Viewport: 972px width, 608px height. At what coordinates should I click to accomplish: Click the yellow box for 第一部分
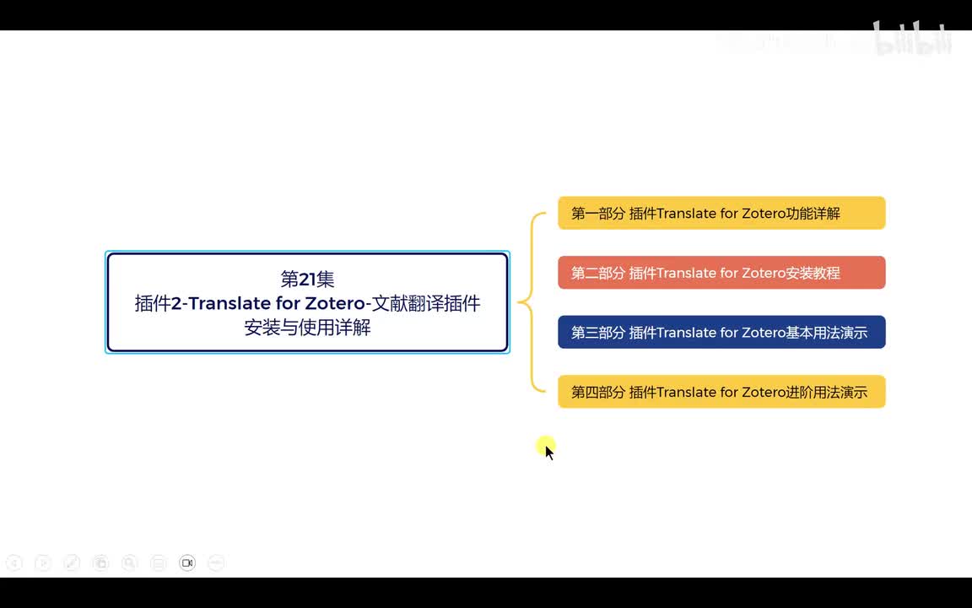[x=721, y=213]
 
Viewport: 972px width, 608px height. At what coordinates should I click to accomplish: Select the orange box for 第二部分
[x=721, y=273]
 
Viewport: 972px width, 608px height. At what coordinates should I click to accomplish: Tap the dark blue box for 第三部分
[x=721, y=333]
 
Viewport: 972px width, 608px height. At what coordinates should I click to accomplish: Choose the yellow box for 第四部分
[x=721, y=392]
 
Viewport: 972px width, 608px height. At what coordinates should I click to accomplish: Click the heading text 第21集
[x=307, y=280]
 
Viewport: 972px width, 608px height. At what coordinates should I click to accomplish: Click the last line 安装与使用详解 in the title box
[x=307, y=328]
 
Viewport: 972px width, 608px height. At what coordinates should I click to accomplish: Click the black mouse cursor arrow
[x=548, y=452]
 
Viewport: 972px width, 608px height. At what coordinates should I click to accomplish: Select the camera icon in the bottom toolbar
[x=187, y=563]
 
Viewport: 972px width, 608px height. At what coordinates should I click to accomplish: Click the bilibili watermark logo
[x=913, y=40]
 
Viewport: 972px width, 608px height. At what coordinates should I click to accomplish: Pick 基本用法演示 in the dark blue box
[x=826, y=333]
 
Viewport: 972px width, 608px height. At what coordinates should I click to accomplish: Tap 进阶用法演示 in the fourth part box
[x=826, y=393]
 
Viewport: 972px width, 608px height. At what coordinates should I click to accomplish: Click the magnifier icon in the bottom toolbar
[x=129, y=563]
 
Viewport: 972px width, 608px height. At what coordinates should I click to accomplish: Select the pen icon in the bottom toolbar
[x=72, y=563]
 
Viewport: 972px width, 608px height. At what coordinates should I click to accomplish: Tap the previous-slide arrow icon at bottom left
[x=14, y=563]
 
